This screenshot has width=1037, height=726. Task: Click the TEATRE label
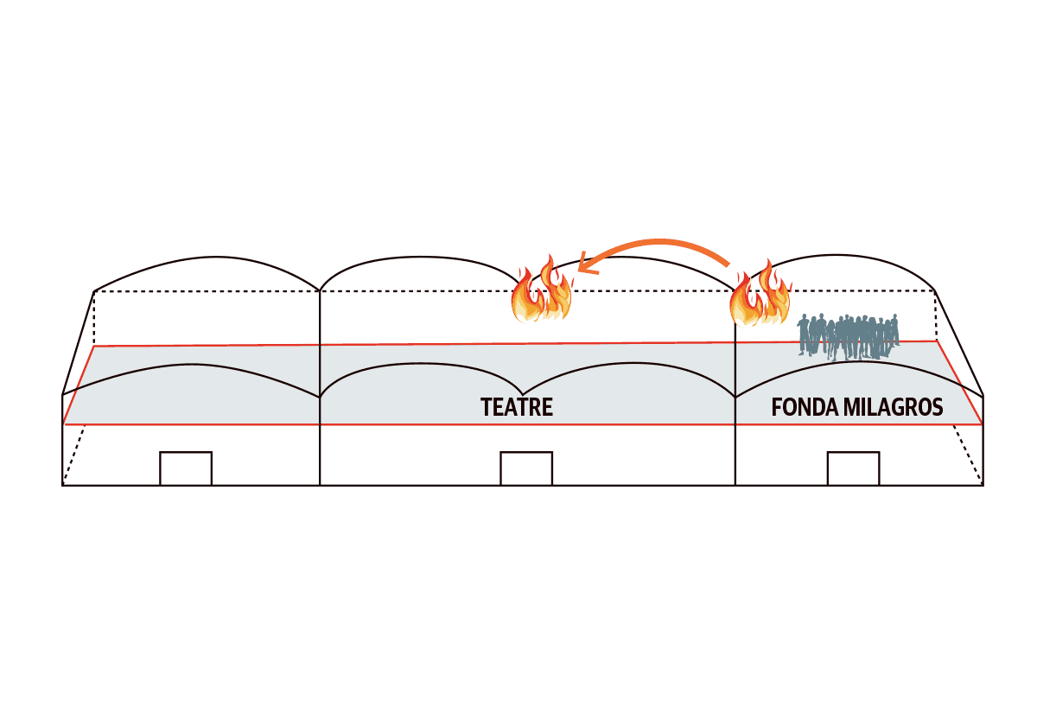pyautogui.click(x=517, y=407)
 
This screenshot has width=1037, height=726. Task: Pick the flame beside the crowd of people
pyautogui.click(x=760, y=294)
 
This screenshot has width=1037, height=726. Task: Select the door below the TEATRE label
pyautogui.click(x=526, y=468)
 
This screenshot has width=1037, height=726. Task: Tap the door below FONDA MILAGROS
pyautogui.click(x=853, y=468)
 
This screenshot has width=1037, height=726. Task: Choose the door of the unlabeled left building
pyautogui.click(x=186, y=468)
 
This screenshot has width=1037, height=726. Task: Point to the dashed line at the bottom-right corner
pyautogui.click(x=970, y=454)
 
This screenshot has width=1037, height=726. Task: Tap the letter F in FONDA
pyautogui.click(x=777, y=407)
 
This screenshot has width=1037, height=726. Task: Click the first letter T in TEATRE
pyautogui.click(x=487, y=407)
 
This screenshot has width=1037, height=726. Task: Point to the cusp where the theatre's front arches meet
pyautogui.click(x=524, y=392)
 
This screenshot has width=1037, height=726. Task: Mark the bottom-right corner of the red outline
pyautogui.click(x=983, y=424)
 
